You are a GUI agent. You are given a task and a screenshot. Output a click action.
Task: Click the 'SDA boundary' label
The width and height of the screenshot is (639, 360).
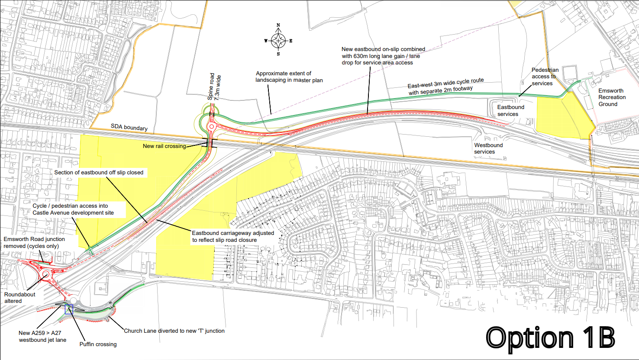click(x=129, y=127)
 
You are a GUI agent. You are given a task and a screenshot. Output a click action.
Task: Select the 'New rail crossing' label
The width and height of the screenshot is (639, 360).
click(x=165, y=146)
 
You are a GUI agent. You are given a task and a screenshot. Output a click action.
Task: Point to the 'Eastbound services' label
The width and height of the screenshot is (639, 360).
click(x=510, y=111)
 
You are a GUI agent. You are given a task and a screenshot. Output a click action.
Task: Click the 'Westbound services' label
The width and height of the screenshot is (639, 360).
click(x=488, y=148)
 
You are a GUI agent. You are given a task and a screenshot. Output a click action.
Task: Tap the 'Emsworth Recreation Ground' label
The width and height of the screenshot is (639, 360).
click(x=612, y=97)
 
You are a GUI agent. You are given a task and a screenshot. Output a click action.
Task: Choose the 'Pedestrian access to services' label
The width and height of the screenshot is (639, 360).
click(x=545, y=77)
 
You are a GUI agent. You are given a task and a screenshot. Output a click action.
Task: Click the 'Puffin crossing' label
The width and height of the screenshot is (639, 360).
click(x=98, y=344)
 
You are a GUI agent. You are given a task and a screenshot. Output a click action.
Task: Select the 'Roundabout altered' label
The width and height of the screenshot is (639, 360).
click(x=20, y=298)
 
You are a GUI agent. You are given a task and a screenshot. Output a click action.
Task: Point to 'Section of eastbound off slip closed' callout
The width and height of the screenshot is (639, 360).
click(x=99, y=172)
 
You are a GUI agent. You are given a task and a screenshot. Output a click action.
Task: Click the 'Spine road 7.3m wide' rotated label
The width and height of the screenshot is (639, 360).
click(x=215, y=87)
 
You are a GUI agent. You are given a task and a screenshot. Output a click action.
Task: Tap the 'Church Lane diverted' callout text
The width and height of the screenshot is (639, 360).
click(x=174, y=331)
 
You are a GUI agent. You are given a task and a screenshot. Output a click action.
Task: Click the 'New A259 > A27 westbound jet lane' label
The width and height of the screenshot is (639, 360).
click(x=42, y=336)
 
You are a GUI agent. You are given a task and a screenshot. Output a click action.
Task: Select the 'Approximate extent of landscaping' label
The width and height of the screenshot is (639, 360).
click(x=289, y=77)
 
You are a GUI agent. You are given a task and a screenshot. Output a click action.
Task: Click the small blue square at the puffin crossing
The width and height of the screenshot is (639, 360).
click(x=68, y=309)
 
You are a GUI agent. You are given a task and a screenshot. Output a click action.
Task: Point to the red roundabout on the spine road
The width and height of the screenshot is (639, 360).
click(x=211, y=127)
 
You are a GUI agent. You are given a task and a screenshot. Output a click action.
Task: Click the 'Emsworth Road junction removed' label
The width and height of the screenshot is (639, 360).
click(x=34, y=242)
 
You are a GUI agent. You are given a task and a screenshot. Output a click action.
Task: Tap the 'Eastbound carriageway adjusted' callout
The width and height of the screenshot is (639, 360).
click(x=233, y=236)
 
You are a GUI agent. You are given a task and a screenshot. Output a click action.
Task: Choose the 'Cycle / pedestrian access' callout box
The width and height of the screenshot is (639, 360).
click(x=73, y=209)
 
